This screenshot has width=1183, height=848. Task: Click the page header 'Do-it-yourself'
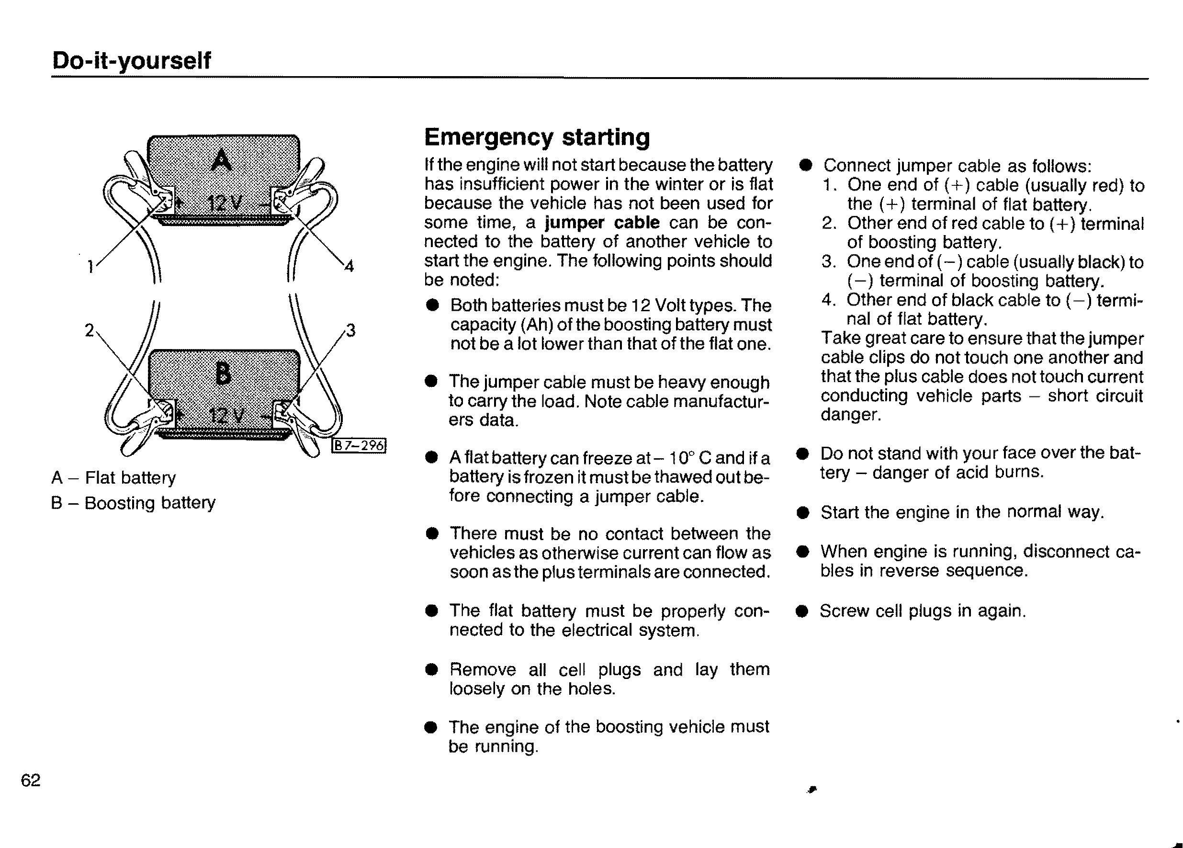[x=132, y=60]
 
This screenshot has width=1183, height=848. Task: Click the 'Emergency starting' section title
[x=537, y=137]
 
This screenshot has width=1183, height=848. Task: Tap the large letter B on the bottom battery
[x=223, y=373]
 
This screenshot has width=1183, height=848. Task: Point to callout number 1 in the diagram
[x=90, y=267]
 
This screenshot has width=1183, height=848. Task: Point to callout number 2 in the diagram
[x=89, y=330]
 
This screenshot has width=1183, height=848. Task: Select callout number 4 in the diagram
[x=349, y=267]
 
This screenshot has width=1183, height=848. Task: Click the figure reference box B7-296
[x=360, y=445]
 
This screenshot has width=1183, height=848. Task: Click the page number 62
[x=30, y=780]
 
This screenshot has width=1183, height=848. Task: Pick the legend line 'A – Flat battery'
[x=114, y=478]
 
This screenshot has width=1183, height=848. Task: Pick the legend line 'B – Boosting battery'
[x=133, y=503]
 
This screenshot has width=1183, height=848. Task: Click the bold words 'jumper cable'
[x=602, y=223]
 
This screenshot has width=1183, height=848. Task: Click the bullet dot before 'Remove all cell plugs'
[x=431, y=670]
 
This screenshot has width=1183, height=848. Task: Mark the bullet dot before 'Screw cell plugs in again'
[x=802, y=611]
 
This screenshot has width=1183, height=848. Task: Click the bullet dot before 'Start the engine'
[x=803, y=513]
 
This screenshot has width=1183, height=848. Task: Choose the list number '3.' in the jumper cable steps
[x=829, y=261]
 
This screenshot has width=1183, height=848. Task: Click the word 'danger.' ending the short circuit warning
[x=850, y=415]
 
